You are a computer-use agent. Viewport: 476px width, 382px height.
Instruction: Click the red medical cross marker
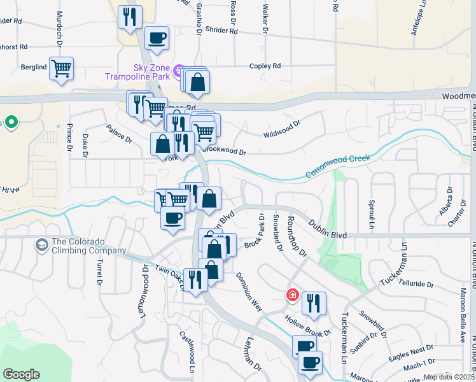point(292,295)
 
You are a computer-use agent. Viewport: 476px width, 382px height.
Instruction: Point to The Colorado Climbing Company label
point(89,246)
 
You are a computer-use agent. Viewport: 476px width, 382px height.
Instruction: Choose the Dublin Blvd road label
point(328,227)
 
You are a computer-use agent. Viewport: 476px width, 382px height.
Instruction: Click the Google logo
point(21,374)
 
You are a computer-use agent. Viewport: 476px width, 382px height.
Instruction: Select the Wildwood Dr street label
point(281,129)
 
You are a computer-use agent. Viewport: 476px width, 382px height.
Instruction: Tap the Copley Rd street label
point(265,66)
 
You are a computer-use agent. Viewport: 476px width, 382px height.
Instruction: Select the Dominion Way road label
point(249,291)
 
